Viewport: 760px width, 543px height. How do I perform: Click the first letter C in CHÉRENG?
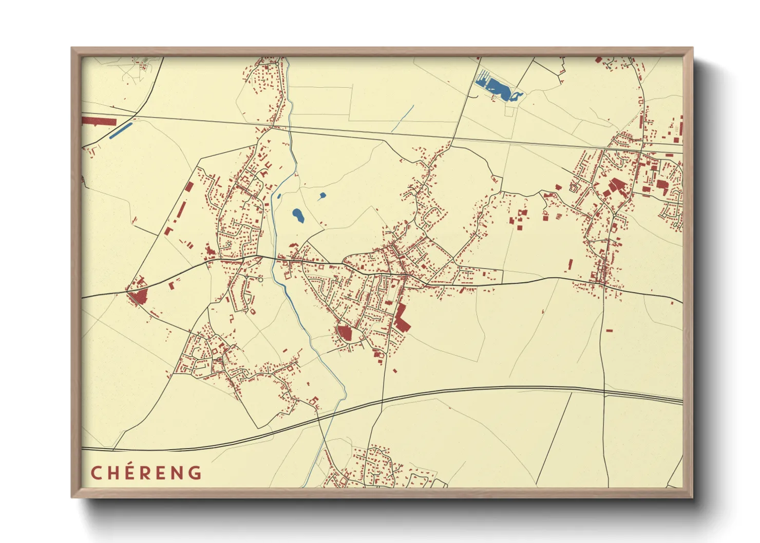point(96,473)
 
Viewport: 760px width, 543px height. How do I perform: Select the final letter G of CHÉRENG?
point(195,473)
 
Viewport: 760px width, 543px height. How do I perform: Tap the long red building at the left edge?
point(99,121)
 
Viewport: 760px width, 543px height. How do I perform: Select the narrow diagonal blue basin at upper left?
point(121,130)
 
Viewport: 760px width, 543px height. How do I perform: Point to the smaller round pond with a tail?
point(322,196)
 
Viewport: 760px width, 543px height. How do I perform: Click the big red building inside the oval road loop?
point(344,333)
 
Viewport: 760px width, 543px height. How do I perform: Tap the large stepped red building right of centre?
point(401,318)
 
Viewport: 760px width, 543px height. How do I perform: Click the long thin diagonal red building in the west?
point(181,210)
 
